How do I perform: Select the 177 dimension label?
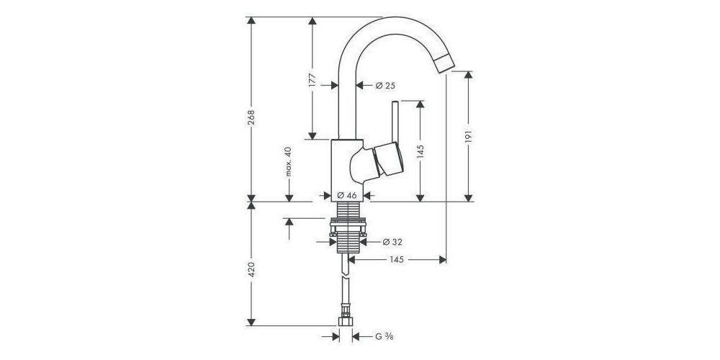312,79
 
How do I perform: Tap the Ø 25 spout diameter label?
385,86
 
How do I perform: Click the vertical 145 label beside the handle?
420,150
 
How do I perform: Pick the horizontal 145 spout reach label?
397,259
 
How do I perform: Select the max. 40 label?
288,162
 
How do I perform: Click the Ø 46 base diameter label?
347,195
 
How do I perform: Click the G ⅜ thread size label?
382,336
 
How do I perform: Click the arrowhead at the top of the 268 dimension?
251,21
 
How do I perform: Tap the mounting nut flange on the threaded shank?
348,233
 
